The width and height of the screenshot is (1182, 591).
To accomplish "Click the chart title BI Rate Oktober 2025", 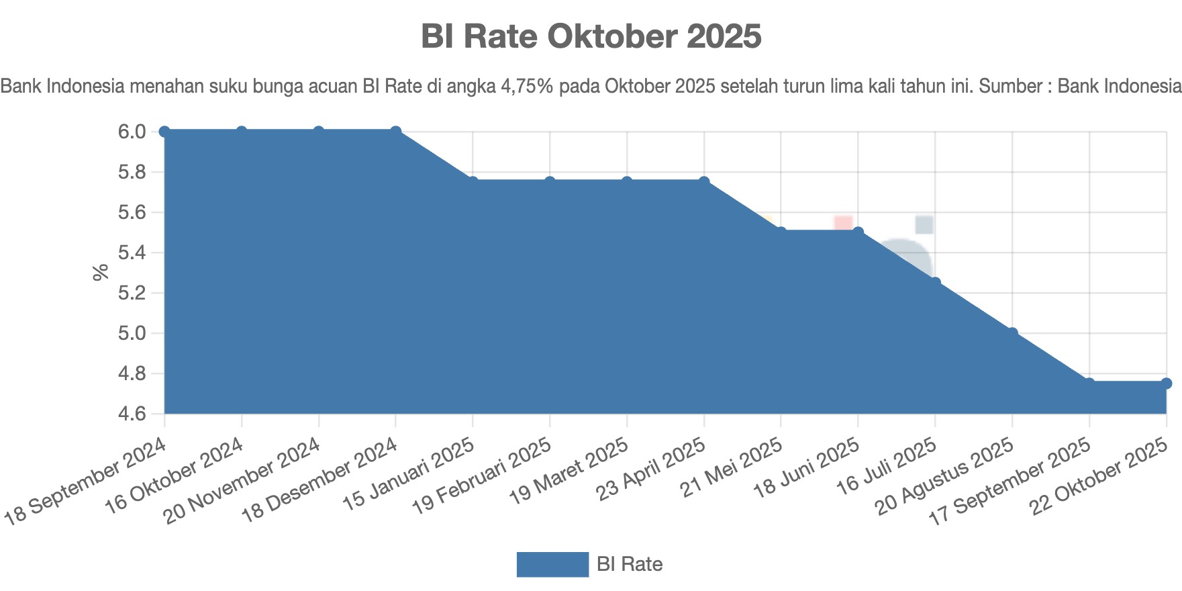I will (591, 36).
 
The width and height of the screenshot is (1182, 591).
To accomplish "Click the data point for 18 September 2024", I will (164, 132).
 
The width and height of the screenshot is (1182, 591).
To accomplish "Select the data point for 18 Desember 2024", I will (396, 132).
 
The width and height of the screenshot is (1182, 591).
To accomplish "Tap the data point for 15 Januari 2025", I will (473, 182).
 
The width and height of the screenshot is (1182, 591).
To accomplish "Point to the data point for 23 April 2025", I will (704, 182).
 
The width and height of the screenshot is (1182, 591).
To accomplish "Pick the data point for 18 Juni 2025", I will (858, 232).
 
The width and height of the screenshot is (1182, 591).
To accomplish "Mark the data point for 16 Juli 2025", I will (935, 283).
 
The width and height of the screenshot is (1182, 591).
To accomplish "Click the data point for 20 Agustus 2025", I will (1012, 333).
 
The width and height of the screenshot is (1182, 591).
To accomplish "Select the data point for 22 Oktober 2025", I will (1167, 383).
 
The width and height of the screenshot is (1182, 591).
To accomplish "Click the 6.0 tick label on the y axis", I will (132, 132).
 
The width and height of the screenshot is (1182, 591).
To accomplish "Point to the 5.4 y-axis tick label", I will (132, 253).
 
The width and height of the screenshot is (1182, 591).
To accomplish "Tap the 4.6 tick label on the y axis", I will (132, 414).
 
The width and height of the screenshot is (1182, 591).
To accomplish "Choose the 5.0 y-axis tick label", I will (132, 333).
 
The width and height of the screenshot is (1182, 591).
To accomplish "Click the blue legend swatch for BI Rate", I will (552, 564).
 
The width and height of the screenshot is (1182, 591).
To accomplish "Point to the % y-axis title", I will (101, 272).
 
